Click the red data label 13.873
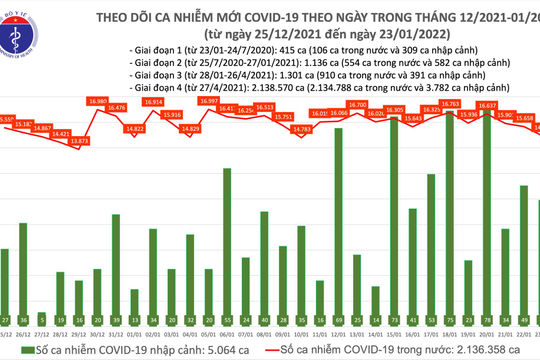pyautogui.click(x=79, y=142)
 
